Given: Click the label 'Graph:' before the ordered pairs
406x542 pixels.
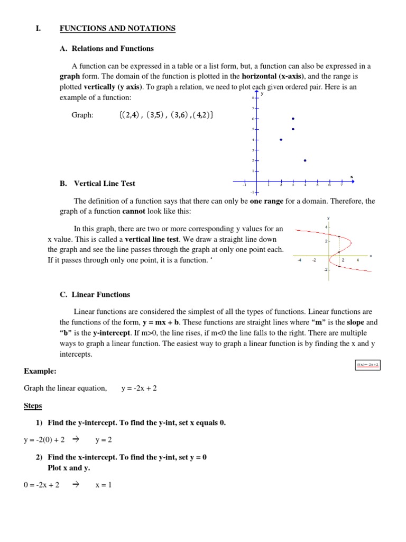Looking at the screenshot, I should pos(82,115).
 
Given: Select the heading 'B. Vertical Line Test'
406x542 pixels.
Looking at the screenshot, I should pos(97,184).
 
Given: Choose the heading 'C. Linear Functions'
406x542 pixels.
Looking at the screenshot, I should pos(95,294).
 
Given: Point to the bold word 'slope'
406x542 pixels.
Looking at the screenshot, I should pos(355,322).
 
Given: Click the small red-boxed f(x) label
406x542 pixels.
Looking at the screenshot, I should pos(368,365).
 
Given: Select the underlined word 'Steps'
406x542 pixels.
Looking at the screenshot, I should pos(33,406).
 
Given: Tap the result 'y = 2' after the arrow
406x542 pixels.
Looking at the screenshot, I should pos(104,440).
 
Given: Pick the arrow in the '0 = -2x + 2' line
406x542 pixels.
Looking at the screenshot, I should pos(76,485).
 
